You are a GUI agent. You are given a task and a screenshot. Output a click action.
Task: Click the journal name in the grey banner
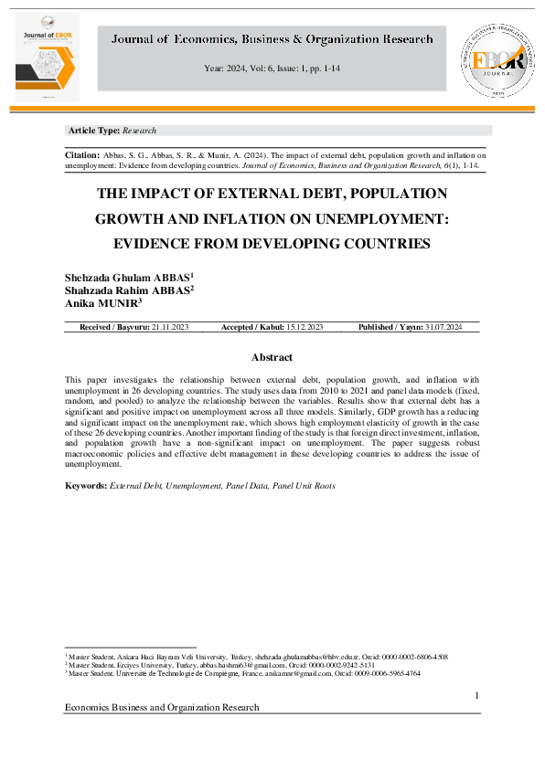point(272,40)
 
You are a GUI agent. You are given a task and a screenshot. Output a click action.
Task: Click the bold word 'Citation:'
point(81,156)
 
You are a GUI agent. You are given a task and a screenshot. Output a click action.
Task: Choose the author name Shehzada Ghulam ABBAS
point(128,277)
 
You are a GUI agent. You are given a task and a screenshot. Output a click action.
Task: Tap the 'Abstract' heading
point(272,357)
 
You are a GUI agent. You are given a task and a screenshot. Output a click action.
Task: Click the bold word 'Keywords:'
point(86,486)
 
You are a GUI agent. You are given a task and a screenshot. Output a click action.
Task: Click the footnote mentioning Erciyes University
point(219,665)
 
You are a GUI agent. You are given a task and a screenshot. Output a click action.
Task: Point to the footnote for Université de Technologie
point(242,673)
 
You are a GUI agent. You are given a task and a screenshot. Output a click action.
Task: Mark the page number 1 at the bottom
point(477,697)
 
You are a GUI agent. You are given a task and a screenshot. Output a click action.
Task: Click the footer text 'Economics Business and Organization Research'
point(162,708)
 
